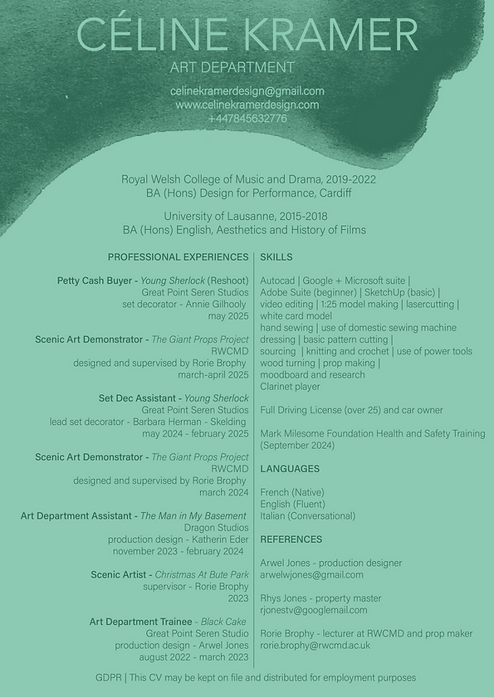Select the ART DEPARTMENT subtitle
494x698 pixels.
tap(232, 67)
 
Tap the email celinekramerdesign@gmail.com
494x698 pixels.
tap(247, 91)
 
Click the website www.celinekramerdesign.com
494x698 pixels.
tap(247, 105)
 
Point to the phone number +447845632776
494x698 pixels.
tap(247, 119)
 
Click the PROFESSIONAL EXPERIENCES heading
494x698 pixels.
tap(178, 257)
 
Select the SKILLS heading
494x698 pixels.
tap(276, 257)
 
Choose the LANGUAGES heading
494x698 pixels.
tap(290, 469)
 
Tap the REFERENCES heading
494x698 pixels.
tap(291, 539)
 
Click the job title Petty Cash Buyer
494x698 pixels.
tap(95, 281)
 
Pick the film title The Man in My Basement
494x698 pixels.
tap(193, 516)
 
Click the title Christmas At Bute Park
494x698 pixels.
tap(202, 574)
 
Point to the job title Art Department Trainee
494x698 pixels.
tap(140, 622)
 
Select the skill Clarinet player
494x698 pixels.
tap(290, 387)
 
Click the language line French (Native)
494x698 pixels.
tap(291, 492)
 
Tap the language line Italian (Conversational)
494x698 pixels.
tap(307, 516)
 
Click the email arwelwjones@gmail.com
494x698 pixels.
tap(311, 574)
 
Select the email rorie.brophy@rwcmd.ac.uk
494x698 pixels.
tap(315, 645)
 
